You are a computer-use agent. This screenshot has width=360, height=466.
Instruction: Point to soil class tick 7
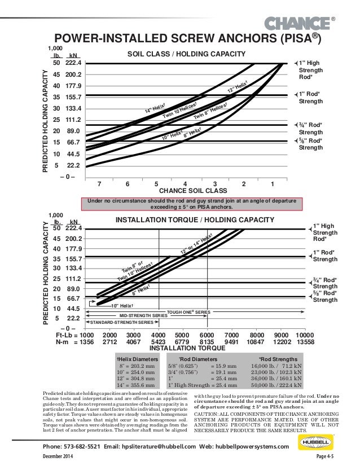tap(99, 184)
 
